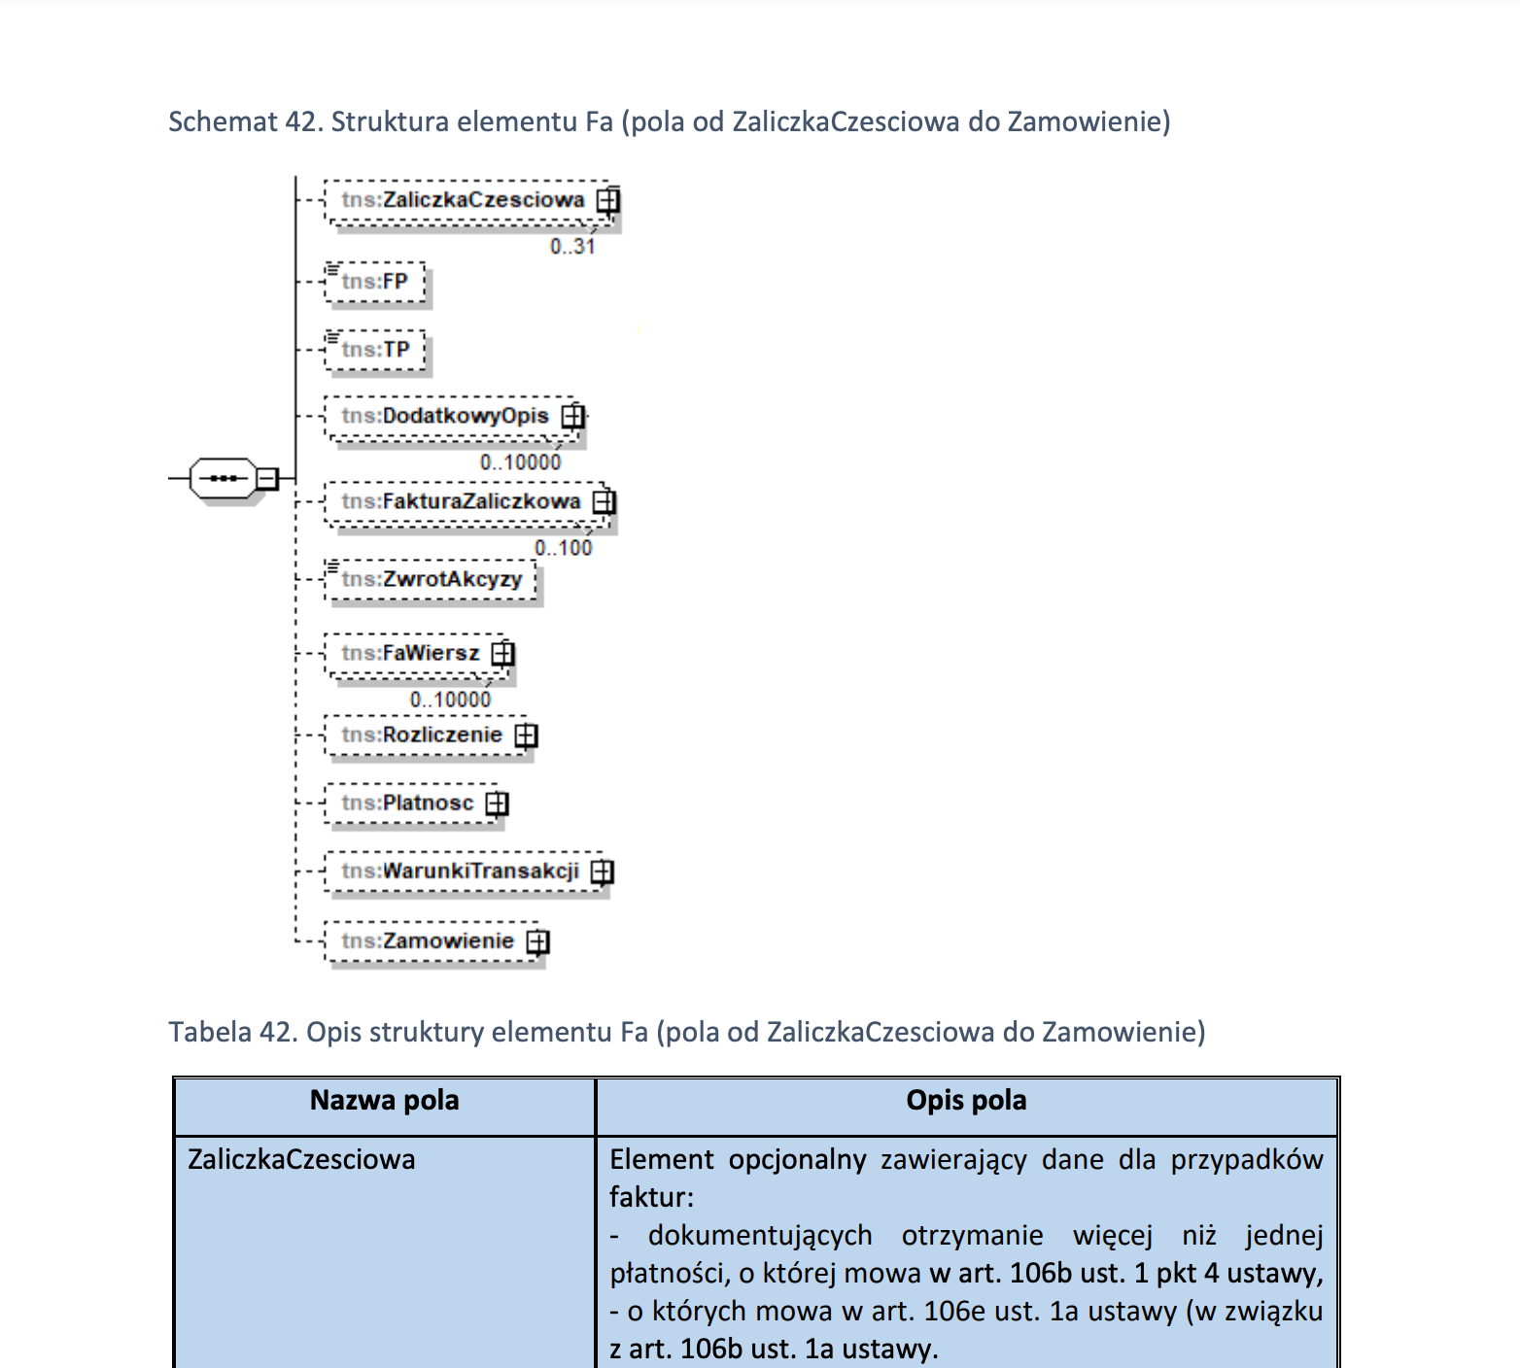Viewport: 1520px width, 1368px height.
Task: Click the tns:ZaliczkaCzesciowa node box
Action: click(x=463, y=200)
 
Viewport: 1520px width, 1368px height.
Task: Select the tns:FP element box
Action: click(x=375, y=282)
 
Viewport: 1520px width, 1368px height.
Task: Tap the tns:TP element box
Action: click(x=376, y=350)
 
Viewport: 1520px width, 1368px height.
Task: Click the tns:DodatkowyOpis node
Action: click(x=445, y=416)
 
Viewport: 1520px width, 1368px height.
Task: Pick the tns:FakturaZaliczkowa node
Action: click(x=461, y=501)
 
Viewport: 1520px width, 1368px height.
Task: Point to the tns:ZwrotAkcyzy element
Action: click(x=432, y=579)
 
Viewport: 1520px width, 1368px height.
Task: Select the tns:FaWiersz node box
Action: click(x=410, y=653)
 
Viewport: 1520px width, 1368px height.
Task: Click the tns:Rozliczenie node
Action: click(x=422, y=735)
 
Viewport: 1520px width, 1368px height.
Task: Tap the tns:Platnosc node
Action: click(x=407, y=803)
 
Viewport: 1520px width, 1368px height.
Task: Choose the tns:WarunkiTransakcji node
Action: click(x=460, y=871)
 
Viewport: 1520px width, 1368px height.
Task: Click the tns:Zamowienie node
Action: click(x=428, y=940)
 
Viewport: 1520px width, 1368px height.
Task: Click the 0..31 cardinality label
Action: click(x=572, y=247)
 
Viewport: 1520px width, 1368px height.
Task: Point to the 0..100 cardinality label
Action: click(x=564, y=548)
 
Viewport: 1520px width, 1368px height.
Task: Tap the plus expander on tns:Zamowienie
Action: click(x=537, y=941)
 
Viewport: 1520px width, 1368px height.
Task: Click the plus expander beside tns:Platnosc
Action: click(x=497, y=804)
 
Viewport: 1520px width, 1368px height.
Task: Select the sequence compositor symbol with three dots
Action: click(x=224, y=478)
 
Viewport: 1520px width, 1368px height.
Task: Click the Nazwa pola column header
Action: click(x=384, y=1101)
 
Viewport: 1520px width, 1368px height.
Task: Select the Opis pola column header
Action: click(x=966, y=1101)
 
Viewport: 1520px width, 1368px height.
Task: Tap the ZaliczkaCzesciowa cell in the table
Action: click(x=301, y=1160)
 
